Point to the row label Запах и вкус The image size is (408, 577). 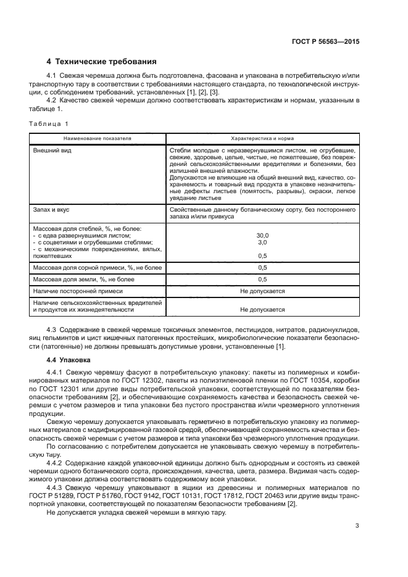click(52, 210)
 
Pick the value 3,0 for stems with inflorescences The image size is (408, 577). click(262, 243)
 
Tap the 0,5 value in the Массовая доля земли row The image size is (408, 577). click(262, 280)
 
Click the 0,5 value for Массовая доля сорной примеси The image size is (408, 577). click(262, 267)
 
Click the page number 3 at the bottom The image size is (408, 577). click(357, 526)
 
